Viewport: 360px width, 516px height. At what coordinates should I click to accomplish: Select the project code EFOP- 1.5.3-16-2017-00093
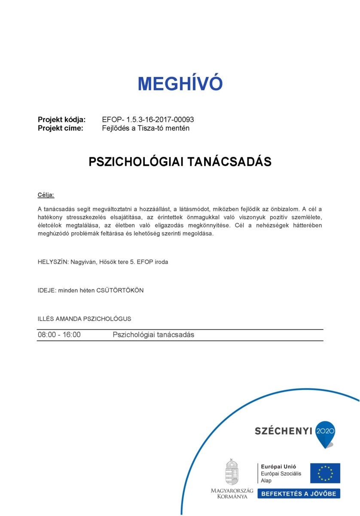point(145,120)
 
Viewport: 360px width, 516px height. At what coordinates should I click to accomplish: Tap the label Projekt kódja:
point(62,120)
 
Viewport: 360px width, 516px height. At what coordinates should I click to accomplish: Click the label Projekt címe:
point(61,128)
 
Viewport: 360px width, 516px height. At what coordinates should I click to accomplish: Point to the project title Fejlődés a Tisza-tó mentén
point(146,128)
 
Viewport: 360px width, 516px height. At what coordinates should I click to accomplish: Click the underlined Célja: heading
point(46,195)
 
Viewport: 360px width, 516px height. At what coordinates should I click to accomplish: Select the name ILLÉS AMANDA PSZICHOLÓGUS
point(84,319)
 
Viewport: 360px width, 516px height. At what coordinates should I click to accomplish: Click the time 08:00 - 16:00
point(59,335)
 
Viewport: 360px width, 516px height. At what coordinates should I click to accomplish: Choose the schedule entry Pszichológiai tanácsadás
point(153,335)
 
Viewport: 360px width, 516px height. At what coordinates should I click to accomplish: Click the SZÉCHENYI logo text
point(283,431)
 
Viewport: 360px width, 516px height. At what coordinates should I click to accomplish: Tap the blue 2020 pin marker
point(325,433)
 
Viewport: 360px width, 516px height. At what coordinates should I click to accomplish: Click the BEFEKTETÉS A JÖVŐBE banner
point(299,493)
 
